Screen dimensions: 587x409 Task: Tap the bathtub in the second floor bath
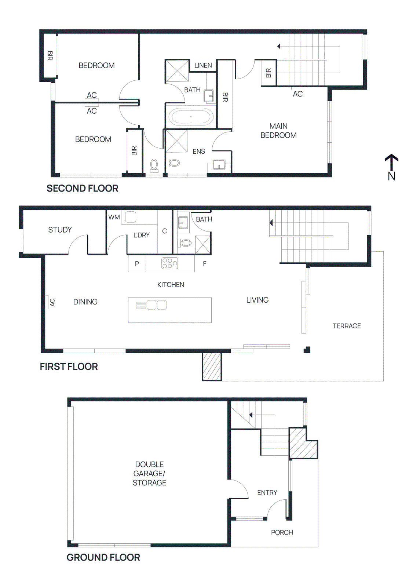[x=191, y=117]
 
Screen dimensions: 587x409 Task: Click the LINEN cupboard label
[x=203, y=65]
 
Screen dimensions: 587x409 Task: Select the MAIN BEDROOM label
[x=278, y=131]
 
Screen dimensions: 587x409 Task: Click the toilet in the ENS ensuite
[x=174, y=162]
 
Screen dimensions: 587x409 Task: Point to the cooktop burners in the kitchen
[x=169, y=263]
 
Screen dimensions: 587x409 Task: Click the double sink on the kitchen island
[x=157, y=305]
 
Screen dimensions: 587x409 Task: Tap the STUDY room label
[x=60, y=230]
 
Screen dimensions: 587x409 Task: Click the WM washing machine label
[x=114, y=217]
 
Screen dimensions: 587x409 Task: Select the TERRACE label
[x=346, y=326]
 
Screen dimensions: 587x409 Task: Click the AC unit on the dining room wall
[x=47, y=302]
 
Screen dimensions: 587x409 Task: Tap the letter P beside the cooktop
[x=137, y=264]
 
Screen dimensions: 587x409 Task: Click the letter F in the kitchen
[x=205, y=264]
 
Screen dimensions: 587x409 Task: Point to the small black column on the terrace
[x=307, y=350]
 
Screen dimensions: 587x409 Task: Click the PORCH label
[x=282, y=532]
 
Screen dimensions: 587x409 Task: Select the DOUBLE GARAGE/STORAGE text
[x=149, y=473]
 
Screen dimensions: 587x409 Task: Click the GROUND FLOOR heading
[x=103, y=557]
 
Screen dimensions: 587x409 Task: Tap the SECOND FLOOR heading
[x=82, y=188]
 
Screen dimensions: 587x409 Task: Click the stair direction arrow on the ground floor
[x=251, y=415]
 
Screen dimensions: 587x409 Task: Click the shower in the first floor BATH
[x=202, y=245]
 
